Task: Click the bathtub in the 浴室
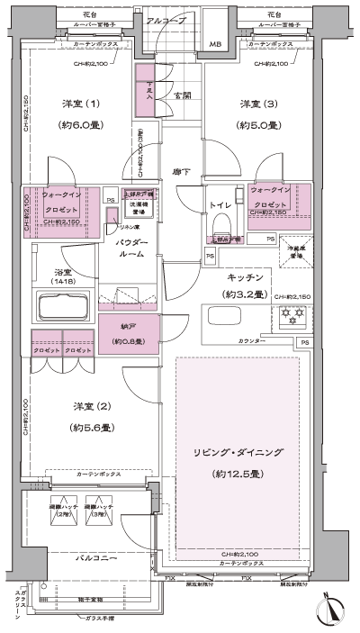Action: [x=62, y=307]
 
